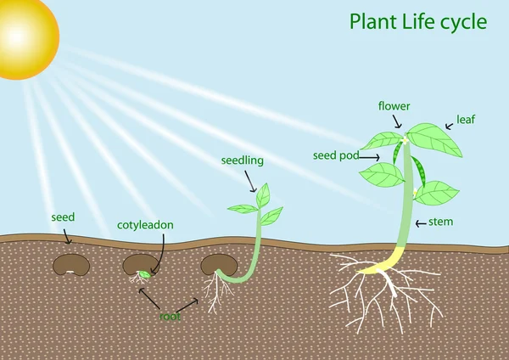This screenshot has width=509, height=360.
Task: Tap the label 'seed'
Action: click(x=63, y=218)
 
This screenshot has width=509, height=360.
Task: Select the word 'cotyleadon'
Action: click(x=145, y=226)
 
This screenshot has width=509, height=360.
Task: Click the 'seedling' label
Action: click(x=243, y=160)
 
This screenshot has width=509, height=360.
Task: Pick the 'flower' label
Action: click(x=394, y=107)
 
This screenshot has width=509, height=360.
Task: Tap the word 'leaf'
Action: click(x=466, y=120)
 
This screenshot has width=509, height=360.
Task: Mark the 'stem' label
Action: click(x=441, y=222)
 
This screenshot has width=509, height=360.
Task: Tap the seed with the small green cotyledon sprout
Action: click(x=140, y=266)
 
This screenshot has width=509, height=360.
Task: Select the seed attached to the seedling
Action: click(x=217, y=265)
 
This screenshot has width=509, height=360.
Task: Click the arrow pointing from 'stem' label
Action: click(x=422, y=223)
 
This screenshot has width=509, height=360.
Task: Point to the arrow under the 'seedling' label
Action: click(x=250, y=180)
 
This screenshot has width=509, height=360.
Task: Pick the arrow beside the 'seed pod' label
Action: click(x=370, y=156)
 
